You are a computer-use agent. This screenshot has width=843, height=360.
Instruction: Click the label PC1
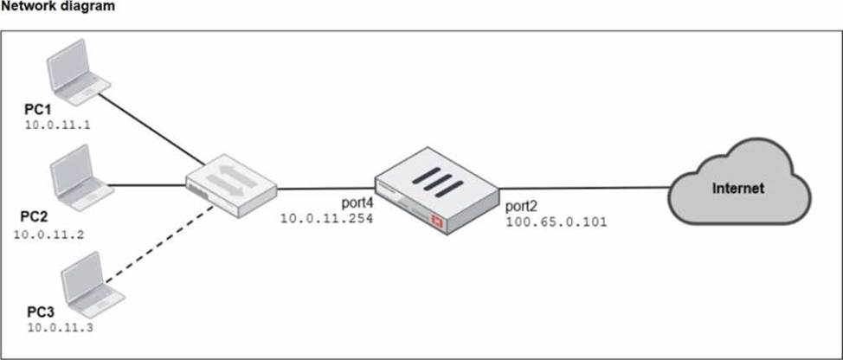tap(40, 111)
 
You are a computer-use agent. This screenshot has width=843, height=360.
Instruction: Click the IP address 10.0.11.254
tap(326, 220)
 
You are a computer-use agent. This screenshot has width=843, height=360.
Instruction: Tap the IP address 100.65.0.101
tap(556, 222)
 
